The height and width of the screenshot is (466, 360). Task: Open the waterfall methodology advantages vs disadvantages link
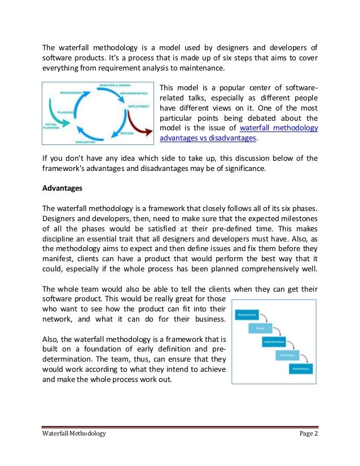[x=279, y=133]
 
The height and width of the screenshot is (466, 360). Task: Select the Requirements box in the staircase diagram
[x=247, y=314]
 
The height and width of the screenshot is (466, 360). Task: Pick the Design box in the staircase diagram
[x=260, y=328]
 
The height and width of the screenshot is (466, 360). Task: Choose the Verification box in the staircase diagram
[x=287, y=355]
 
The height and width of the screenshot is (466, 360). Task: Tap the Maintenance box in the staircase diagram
[x=300, y=368]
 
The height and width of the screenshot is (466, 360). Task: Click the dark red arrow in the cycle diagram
[x=141, y=120]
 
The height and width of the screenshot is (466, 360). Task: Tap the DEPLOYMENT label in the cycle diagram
[x=138, y=105]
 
